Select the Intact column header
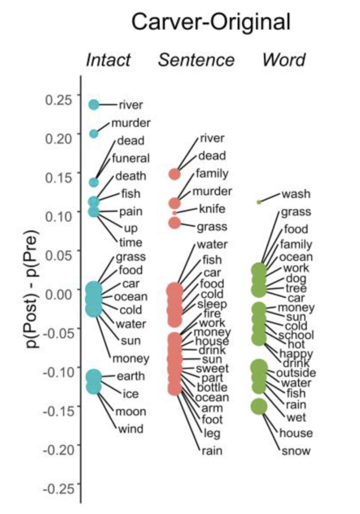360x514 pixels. pos(108,60)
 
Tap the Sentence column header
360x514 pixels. pos(196,60)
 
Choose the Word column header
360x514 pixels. pos(284,60)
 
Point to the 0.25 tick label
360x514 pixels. pos(59,100)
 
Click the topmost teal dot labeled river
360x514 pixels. pos(94,104)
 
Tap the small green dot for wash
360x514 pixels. pos(259,202)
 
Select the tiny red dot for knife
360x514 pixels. pos(175,213)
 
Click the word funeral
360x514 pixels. pos(131,158)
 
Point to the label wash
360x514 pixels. pos(296,194)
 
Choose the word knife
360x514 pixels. pos(212,209)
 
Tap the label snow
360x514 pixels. pos(296,450)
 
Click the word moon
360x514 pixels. pos(131,412)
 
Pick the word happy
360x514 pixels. pos(296,353)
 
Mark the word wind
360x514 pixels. pos(130,429)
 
